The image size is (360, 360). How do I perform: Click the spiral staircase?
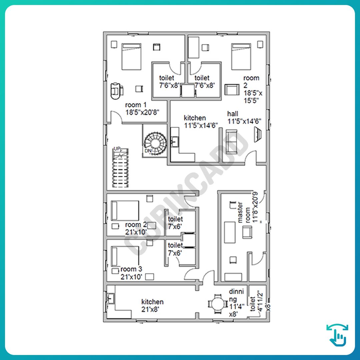155,143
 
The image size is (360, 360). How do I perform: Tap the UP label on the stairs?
117,149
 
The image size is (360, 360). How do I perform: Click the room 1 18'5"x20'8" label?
142,109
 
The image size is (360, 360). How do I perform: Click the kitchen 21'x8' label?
152,306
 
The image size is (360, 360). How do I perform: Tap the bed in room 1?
131,56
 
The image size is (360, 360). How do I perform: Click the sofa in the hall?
231,142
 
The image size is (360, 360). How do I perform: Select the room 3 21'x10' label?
131,273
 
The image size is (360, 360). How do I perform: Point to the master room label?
244,212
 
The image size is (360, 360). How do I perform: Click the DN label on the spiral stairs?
148,151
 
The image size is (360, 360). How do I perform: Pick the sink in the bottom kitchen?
111,298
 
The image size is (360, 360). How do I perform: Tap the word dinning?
236,295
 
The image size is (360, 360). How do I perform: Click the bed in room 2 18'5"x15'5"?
241,56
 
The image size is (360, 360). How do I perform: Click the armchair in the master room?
247,232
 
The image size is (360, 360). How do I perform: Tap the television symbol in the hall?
258,135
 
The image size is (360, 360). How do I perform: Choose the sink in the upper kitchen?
175,141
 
